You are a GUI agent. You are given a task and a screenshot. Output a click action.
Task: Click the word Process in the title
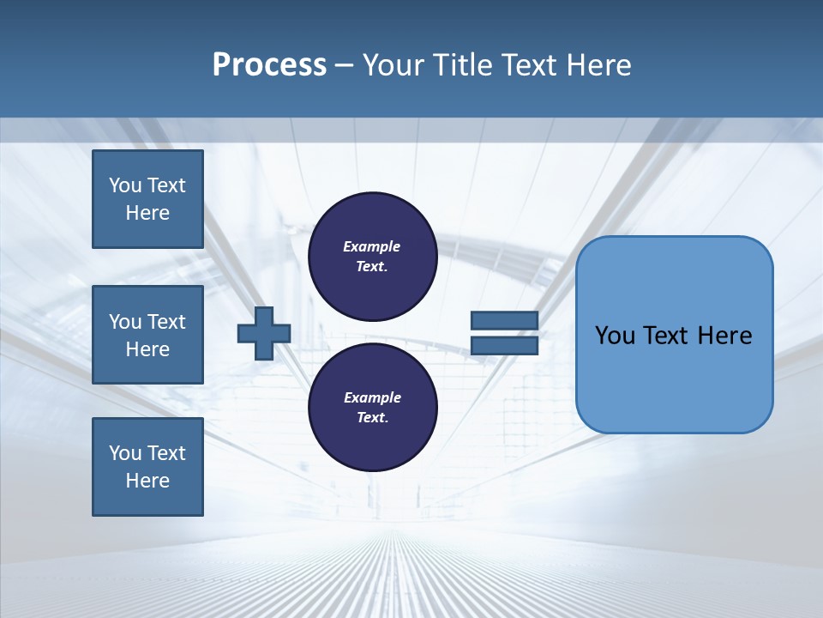point(269,65)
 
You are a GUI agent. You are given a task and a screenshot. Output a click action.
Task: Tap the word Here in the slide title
point(595,65)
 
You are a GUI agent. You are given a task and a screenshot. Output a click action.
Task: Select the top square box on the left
point(147,199)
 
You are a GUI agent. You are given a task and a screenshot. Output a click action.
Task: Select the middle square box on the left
point(147,335)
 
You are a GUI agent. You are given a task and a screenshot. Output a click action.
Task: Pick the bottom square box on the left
point(147,467)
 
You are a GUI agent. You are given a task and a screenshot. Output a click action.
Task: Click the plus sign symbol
point(264,335)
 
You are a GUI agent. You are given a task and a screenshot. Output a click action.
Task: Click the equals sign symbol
point(504,333)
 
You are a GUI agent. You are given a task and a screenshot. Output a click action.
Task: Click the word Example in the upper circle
point(372,246)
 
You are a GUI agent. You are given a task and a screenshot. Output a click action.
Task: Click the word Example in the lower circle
point(372,397)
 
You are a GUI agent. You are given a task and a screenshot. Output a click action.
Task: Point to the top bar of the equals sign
point(504,320)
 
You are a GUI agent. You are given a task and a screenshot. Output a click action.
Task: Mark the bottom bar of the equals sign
point(504,346)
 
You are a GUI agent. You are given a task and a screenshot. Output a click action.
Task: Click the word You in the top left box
point(124,185)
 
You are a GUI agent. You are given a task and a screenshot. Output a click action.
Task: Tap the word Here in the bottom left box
point(147,481)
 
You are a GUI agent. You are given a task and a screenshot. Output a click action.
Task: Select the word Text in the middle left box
point(165,322)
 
